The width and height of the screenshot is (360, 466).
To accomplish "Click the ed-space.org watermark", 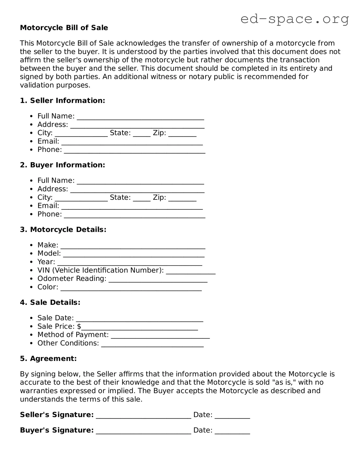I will [294, 19].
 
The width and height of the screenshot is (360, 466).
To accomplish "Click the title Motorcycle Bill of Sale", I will [64, 28].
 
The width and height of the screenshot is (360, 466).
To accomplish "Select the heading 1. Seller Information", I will [62, 101].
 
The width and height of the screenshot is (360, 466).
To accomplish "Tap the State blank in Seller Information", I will [142, 135].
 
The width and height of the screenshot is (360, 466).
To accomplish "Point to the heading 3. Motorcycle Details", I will [63, 230].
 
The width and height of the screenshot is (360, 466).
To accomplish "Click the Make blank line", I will [133, 247].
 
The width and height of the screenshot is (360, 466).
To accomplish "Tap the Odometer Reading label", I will [72, 279].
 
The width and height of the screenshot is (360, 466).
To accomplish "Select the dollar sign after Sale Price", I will [79, 327].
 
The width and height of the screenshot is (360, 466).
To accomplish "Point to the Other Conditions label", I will [68, 343].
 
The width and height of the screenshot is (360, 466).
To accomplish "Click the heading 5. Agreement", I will [48, 359].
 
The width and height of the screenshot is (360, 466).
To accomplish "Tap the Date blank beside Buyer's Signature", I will [232, 433].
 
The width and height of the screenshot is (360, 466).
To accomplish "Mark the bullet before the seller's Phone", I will [31, 150].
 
